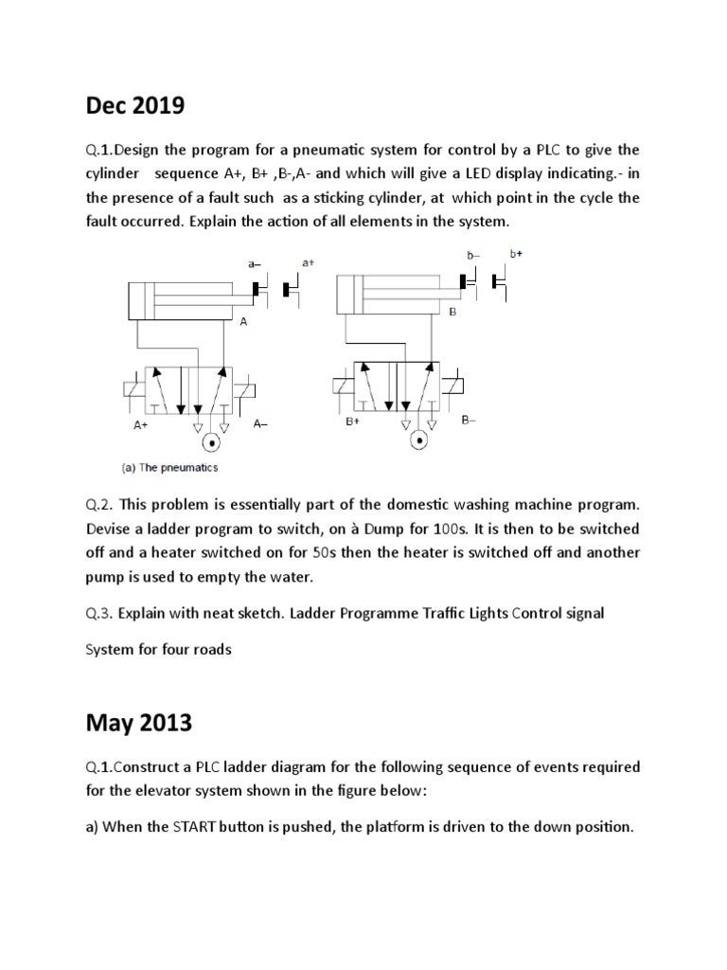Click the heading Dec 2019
pos(135,107)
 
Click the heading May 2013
pos(139,724)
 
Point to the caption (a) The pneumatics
pos(169,467)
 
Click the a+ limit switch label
pos(309,262)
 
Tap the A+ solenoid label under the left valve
pos(141,426)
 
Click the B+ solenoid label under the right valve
pos(353,421)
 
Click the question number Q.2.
pos(101,503)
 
